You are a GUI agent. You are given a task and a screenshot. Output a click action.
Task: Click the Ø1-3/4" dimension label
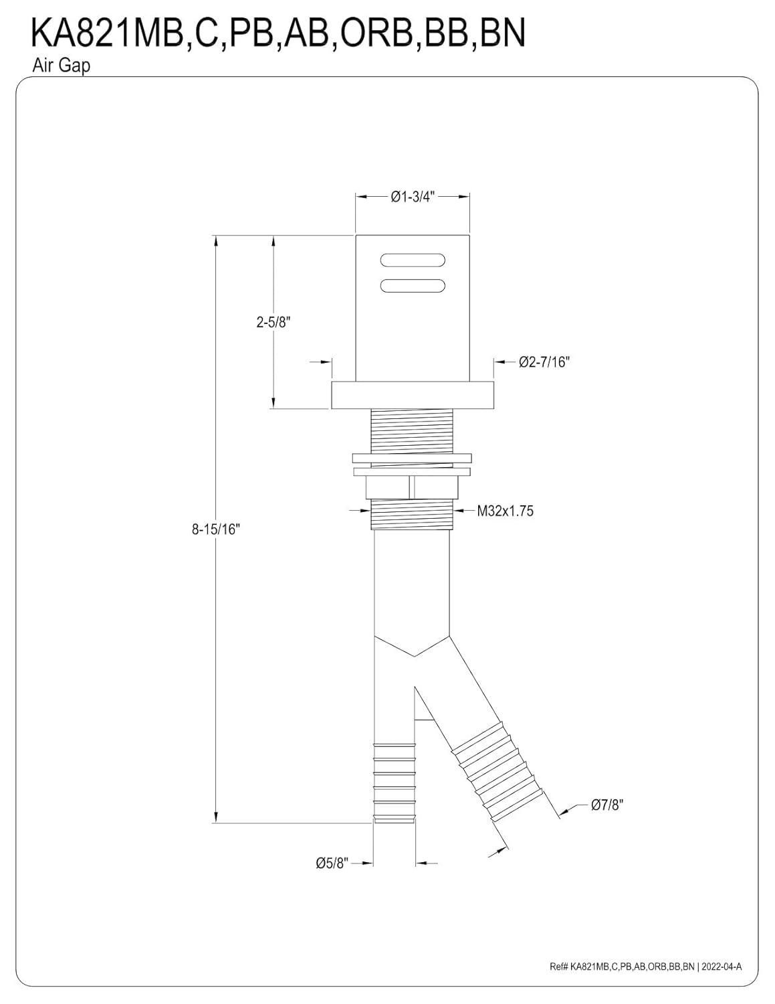[412, 196]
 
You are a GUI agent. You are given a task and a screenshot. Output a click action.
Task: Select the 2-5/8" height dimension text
[273, 322]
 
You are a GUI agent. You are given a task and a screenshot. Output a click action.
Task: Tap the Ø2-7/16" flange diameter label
[544, 362]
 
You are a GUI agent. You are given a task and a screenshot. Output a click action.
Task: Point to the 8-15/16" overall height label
[215, 529]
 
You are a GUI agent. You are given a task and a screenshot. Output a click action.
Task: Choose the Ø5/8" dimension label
[332, 863]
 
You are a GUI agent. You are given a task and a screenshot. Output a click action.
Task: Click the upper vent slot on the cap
[412, 260]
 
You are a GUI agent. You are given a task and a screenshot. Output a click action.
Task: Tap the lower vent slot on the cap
[412, 285]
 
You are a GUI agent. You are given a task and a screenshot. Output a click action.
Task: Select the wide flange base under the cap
[412, 395]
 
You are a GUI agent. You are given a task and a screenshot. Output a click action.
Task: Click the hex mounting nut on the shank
[412, 487]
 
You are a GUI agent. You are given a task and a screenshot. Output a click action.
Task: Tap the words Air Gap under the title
[60, 66]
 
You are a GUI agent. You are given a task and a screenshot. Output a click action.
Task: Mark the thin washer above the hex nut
[412, 458]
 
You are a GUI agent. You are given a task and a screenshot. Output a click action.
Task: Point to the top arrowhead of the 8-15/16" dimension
[215, 241]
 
